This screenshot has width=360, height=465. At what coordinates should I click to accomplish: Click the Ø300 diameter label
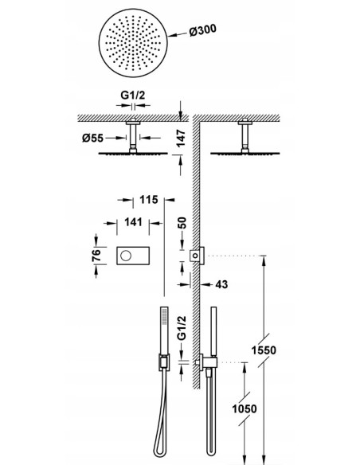tap(203, 30)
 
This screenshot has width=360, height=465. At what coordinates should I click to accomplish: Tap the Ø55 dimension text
tap(93, 138)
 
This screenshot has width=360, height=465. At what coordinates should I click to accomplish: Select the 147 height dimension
tap(181, 139)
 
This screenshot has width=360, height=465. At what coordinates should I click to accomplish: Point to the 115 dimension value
tap(149, 200)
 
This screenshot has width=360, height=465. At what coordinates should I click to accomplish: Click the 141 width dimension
tap(133, 222)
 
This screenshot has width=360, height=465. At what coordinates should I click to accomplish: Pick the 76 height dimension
tap(96, 255)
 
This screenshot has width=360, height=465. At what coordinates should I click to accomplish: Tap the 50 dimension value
tap(182, 223)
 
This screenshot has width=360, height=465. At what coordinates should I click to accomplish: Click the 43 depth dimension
tap(221, 284)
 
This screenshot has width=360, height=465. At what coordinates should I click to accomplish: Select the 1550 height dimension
tap(264, 350)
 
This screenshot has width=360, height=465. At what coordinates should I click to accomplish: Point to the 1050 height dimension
tap(244, 409)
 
